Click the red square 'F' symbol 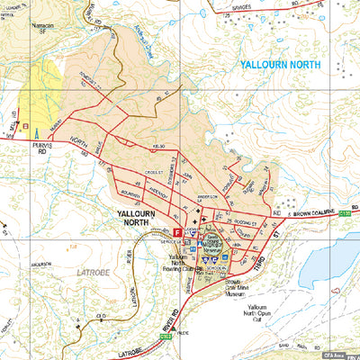pos(177,232)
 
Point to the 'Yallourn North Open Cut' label pos(262,313)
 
